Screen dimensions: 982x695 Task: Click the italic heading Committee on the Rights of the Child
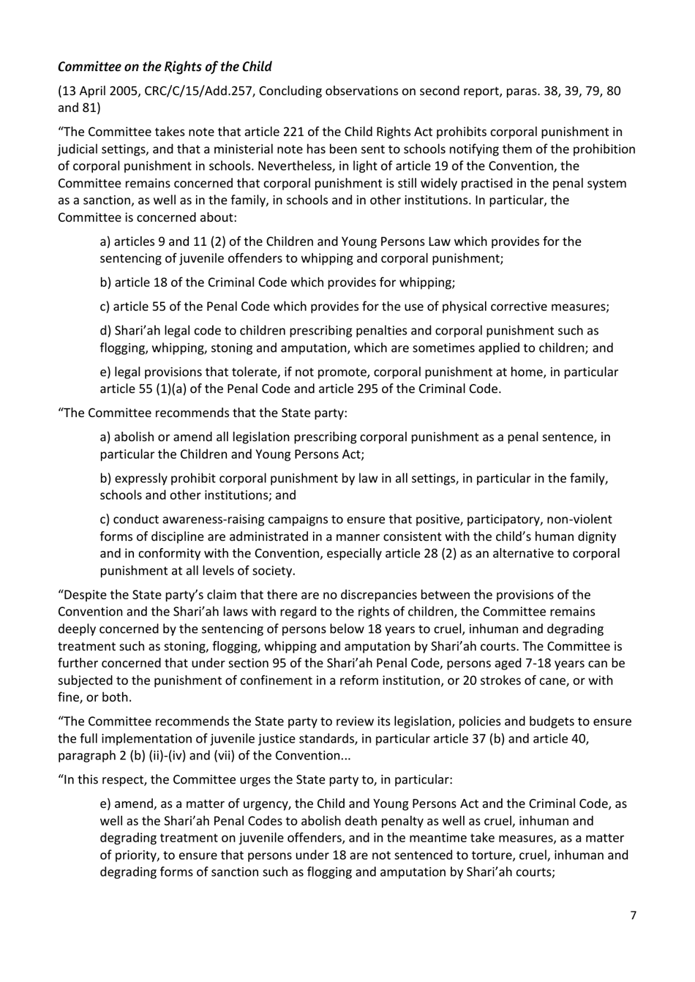coord(165,67)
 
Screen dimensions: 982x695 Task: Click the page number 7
coord(634,915)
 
